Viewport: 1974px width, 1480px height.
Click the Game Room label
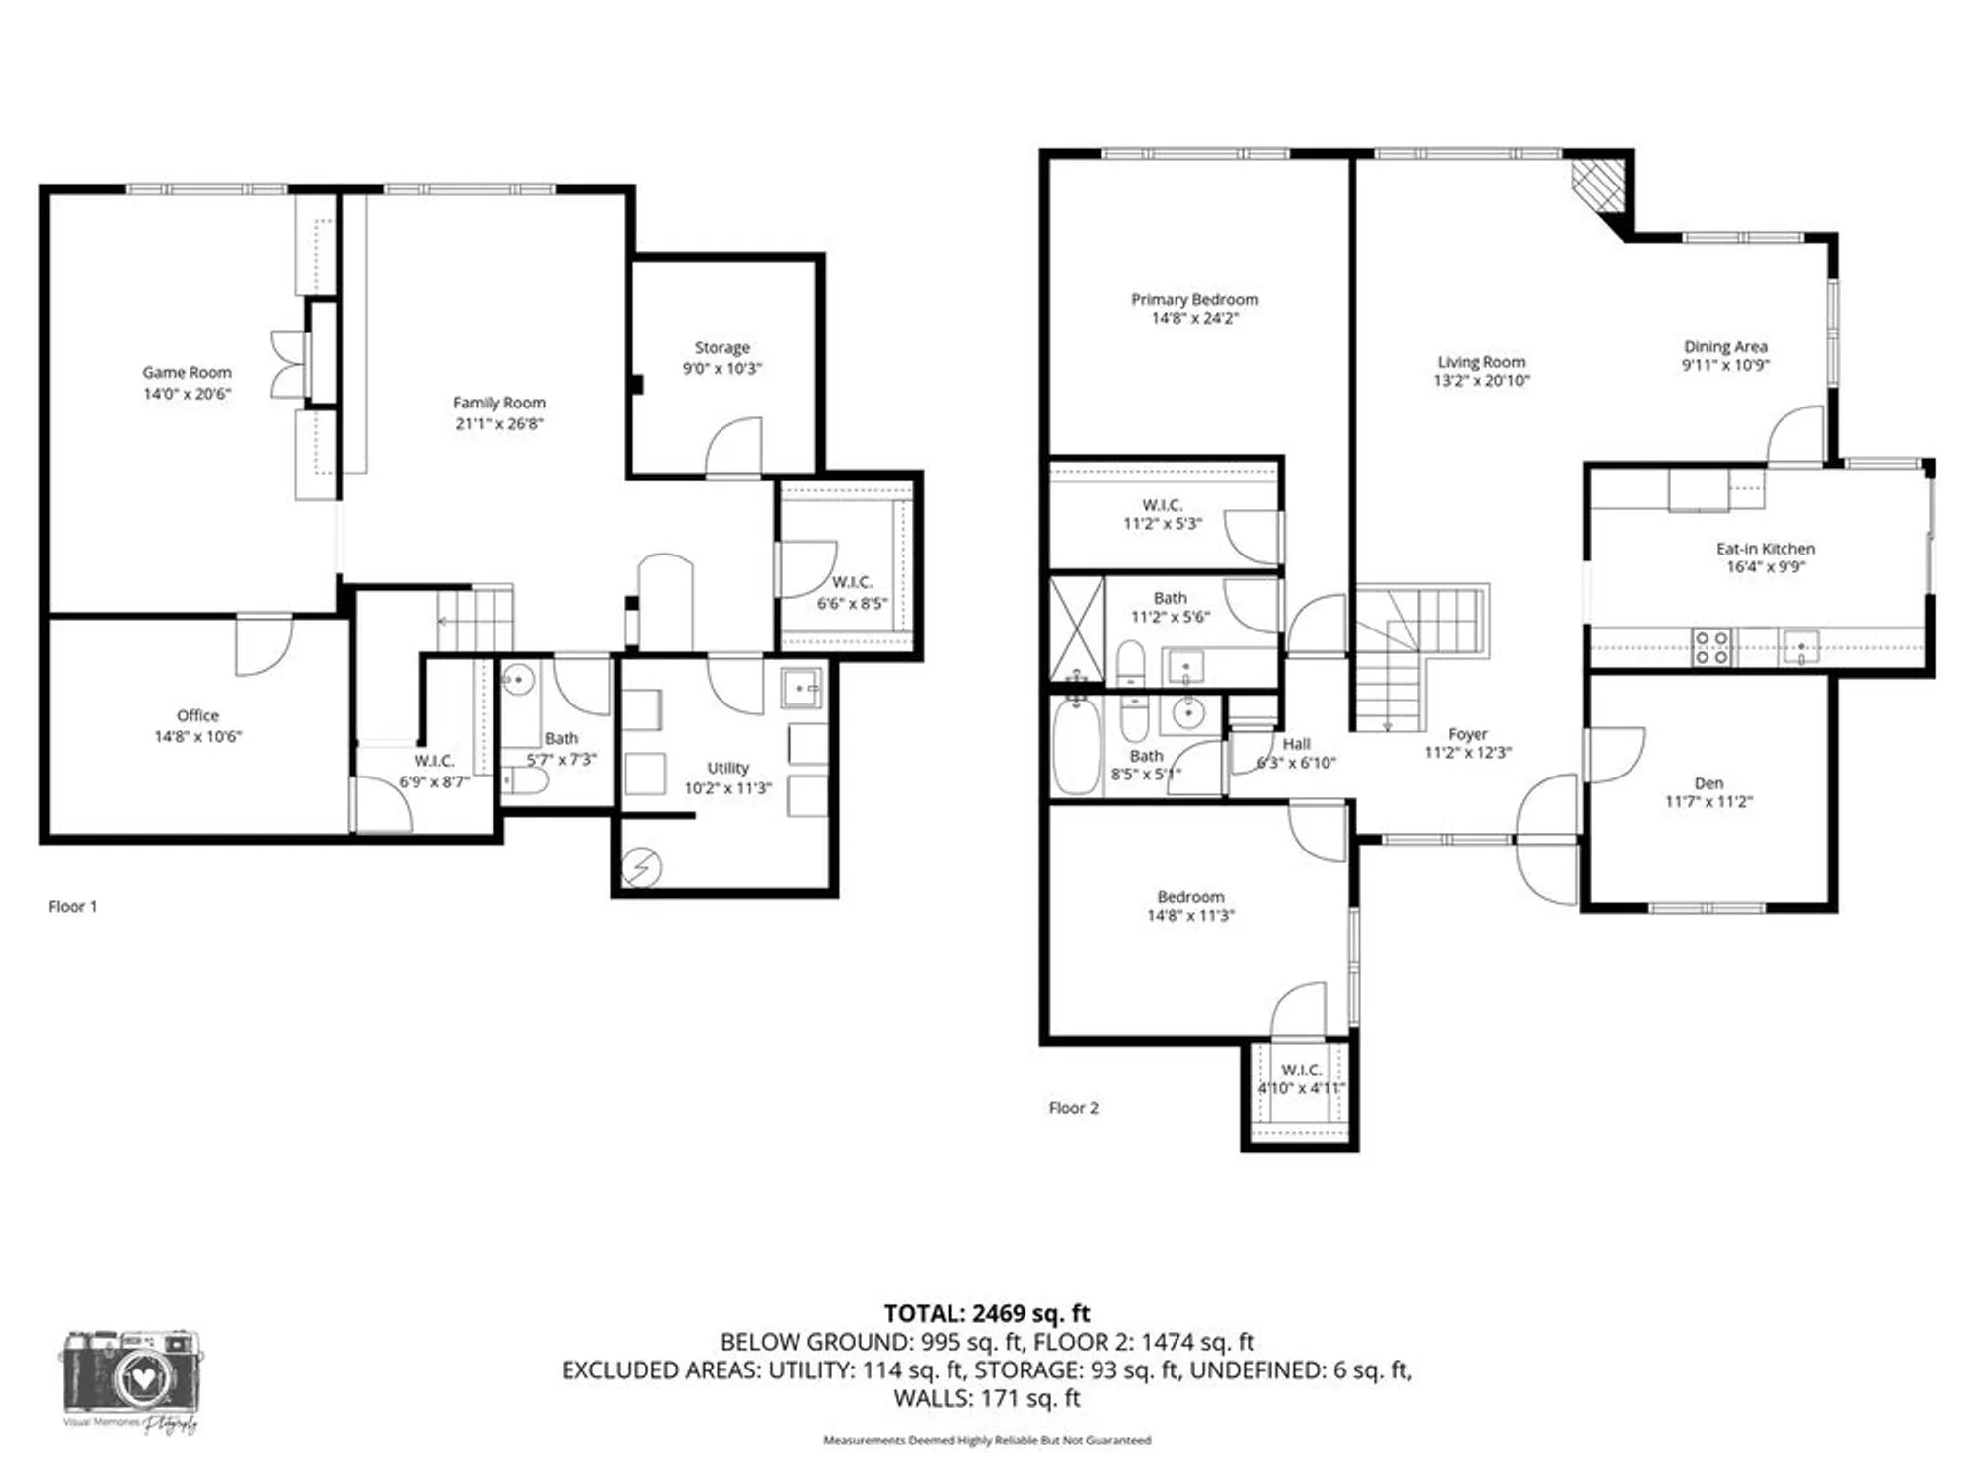point(187,372)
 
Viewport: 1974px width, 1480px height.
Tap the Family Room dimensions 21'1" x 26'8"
point(499,424)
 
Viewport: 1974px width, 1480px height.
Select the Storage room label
point(721,348)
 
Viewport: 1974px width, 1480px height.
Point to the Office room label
point(197,715)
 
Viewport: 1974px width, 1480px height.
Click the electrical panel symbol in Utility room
point(642,868)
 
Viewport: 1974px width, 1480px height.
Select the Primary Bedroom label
point(1194,299)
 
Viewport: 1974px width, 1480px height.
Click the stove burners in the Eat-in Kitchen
point(1710,647)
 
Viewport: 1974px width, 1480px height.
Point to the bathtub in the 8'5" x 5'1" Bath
point(1076,748)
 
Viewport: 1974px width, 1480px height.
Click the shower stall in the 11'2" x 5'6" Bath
point(1077,628)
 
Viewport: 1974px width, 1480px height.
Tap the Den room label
point(1708,783)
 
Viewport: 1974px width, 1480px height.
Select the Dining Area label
point(1725,346)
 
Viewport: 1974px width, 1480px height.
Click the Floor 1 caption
point(73,906)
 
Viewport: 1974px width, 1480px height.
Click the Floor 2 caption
point(1073,1108)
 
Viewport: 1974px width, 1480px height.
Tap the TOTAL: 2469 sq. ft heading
point(986,1313)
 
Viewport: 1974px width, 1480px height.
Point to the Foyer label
point(1468,734)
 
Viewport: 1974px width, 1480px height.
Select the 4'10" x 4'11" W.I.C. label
point(1301,1070)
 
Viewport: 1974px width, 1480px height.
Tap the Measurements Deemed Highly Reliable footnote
point(986,1441)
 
